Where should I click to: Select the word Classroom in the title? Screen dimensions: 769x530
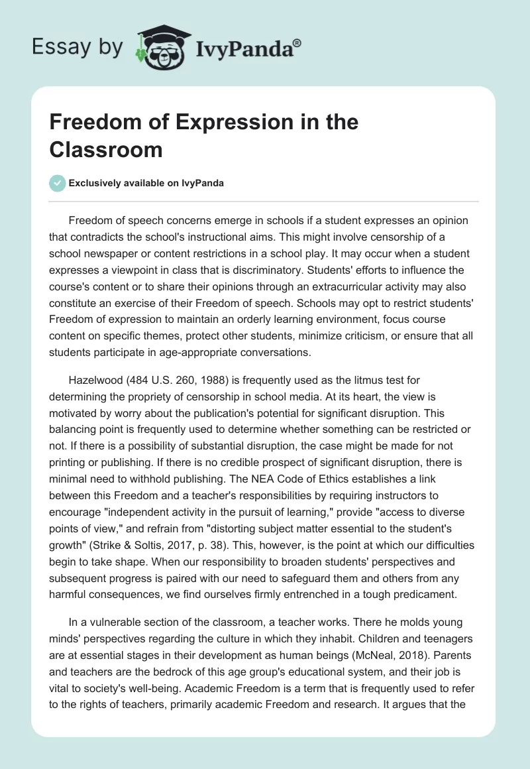click(x=105, y=149)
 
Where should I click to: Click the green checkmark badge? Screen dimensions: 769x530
click(x=58, y=183)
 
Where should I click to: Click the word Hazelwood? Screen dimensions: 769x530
click(x=95, y=380)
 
